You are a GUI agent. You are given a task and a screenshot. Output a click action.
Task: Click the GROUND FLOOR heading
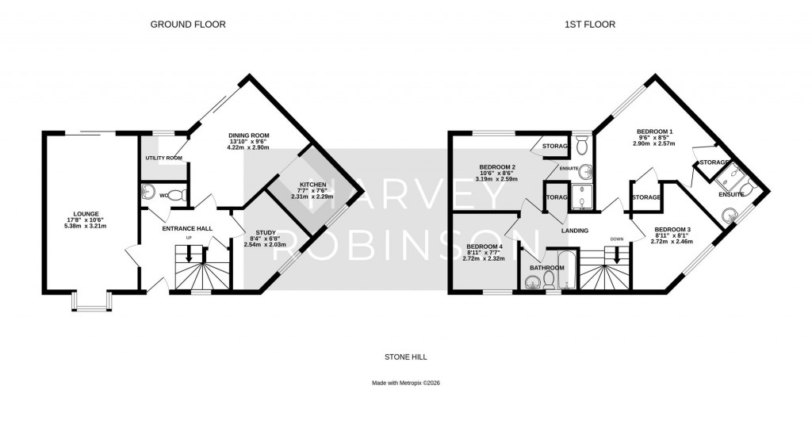point(189,25)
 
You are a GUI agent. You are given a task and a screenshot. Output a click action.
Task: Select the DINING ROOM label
point(249,135)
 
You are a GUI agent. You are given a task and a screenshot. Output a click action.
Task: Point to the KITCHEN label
point(303,184)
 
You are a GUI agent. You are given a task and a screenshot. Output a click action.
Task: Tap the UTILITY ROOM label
point(163,158)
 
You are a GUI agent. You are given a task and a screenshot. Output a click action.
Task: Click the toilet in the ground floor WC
point(175,193)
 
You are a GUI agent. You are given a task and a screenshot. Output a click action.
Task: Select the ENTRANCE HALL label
point(187,228)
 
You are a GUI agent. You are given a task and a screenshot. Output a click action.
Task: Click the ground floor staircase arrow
point(190,253)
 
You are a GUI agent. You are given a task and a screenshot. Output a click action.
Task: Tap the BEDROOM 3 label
point(672,230)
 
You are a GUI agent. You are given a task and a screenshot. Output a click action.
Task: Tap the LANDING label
point(575,231)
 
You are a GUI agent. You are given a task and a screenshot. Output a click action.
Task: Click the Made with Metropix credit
point(405,383)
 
